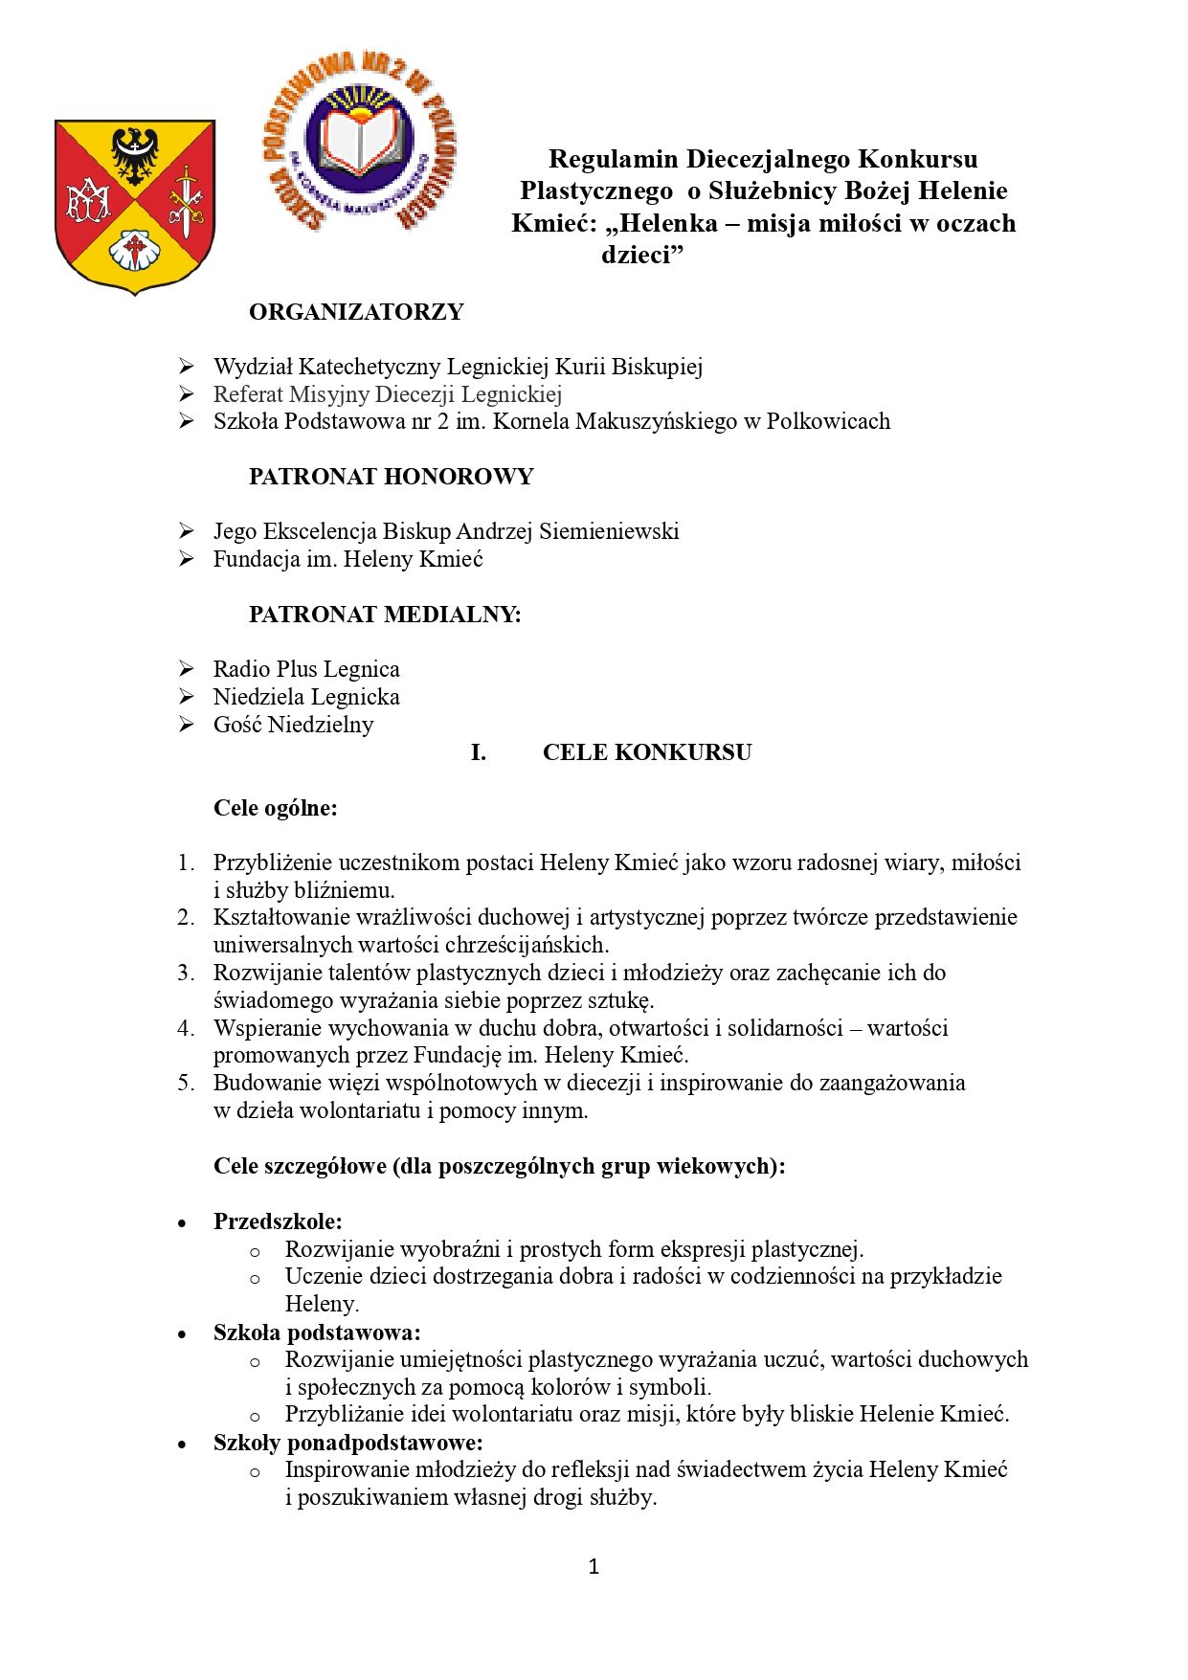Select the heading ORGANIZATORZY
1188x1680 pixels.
tap(356, 312)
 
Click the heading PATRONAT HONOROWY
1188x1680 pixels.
tap(391, 477)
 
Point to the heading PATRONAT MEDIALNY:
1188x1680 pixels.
tap(385, 615)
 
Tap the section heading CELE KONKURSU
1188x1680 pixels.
tap(646, 752)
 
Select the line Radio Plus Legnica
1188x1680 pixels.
tap(306, 669)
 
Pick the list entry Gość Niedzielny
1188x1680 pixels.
tap(293, 725)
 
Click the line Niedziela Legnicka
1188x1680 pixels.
tap(306, 697)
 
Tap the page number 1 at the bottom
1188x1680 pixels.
tap(594, 1566)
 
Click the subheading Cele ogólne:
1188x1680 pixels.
tap(276, 808)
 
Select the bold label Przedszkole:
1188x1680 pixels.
tap(278, 1221)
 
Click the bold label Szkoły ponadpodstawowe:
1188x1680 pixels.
tap(347, 1443)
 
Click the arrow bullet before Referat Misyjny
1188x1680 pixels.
tap(187, 394)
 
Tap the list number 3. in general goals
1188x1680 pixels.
tap(186, 973)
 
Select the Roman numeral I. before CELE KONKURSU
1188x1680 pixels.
tap(478, 752)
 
